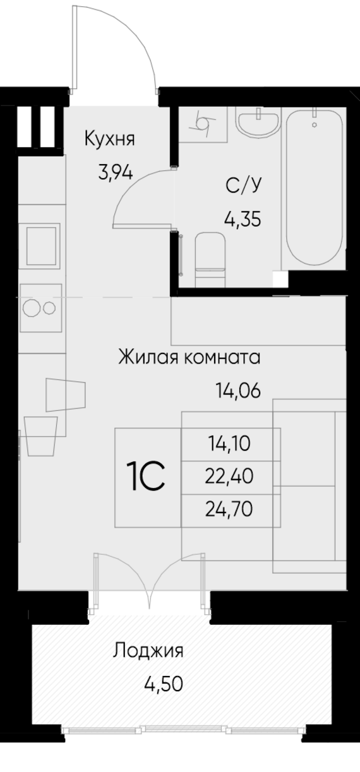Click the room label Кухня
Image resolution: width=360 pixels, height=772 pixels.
(x=110, y=140)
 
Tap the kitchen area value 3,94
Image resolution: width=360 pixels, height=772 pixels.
(x=114, y=172)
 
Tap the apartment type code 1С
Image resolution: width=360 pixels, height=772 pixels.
(x=146, y=477)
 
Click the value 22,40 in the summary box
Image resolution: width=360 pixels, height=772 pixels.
(x=230, y=477)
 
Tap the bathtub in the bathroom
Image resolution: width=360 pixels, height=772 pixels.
(x=315, y=189)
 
